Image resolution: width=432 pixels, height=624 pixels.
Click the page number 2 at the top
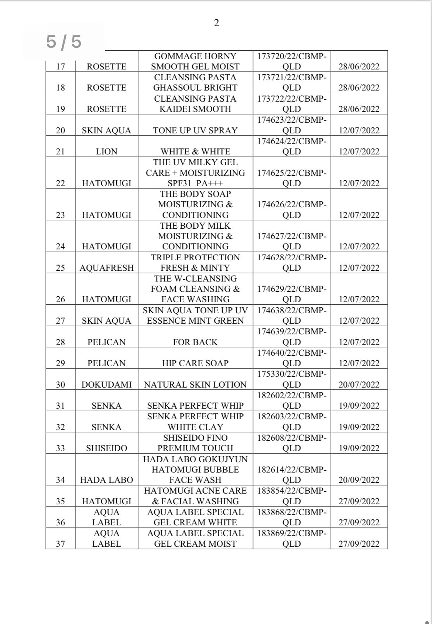click(x=216, y=23)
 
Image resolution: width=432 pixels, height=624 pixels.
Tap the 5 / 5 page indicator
click(x=64, y=41)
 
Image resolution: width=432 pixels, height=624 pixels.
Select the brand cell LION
click(x=106, y=151)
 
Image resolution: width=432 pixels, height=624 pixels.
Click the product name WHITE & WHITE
click(x=195, y=151)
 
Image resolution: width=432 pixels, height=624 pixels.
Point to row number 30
click(x=61, y=385)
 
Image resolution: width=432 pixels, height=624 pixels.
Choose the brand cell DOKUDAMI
click(x=106, y=385)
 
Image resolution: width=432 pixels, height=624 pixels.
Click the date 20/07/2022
click(x=359, y=385)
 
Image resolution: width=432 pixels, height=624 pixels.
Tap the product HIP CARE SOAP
click(x=195, y=363)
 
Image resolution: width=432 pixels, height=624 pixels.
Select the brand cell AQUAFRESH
click(x=106, y=268)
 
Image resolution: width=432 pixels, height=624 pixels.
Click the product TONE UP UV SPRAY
click(x=195, y=130)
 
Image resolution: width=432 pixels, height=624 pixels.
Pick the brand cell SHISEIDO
click(x=106, y=448)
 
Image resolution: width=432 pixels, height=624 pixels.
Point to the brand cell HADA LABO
click(x=106, y=480)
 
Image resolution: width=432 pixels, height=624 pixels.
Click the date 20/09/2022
click(x=359, y=480)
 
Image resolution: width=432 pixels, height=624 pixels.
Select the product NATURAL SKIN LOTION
click(x=195, y=385)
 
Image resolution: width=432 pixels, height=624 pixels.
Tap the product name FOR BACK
click(x=195, y=342)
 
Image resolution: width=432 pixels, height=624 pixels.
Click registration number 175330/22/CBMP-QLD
click(x=292, y=379)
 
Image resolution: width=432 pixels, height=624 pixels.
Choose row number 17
click(x=61, y=67)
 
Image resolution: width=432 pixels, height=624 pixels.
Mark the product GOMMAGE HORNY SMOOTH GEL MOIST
click(x=195, y=61)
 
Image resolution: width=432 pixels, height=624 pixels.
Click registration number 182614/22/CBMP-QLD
click(x=292, y=475)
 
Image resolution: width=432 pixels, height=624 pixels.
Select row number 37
click(x=61, y=544)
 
